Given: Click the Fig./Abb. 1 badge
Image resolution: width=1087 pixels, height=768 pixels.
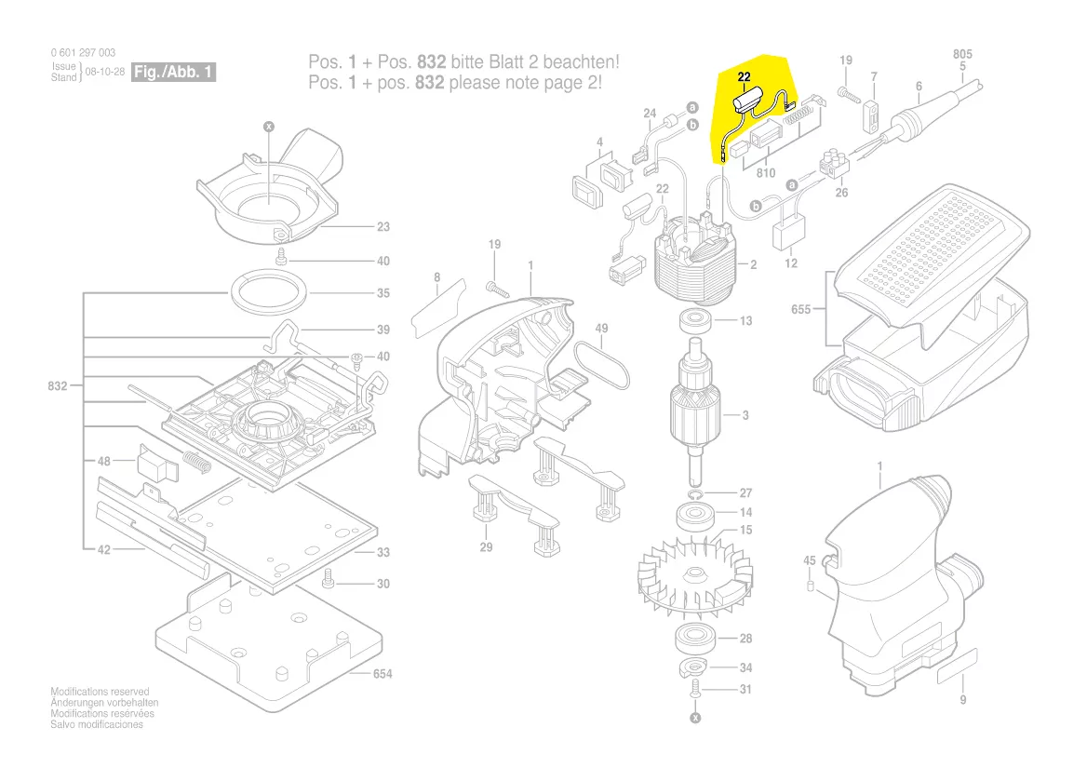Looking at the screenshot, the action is click(x=173, y=72).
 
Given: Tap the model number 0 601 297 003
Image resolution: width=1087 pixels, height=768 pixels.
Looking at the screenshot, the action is click(x=83, y=53).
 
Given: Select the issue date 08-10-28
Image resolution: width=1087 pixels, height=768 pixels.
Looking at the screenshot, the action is click(x=104, y=72).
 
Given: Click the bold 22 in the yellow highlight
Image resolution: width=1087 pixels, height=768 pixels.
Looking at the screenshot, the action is click(x=744, y=77).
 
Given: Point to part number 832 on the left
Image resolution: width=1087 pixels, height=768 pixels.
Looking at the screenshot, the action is click(x=58, y=386).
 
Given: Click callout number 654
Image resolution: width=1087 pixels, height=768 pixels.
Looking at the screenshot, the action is click(x=382, y=674).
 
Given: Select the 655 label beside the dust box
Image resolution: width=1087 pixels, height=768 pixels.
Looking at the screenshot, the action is click(x=800, y=309).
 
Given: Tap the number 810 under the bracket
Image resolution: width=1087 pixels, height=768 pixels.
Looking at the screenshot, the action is click(x=765, y=172).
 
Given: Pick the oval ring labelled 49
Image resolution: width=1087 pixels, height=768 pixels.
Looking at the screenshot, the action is click(x=602, y=367).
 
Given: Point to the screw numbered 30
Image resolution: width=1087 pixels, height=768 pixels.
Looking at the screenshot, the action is click(x=329, y=578).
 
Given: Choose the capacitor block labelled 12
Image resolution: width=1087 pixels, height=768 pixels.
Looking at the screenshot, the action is click(x=788, y=235).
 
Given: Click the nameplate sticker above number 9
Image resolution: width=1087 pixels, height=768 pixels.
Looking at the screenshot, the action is click(x=958, y=667).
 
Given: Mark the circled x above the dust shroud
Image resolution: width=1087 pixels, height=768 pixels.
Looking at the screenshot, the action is click(x=269, y=127).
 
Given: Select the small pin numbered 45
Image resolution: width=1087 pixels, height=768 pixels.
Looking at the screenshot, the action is click(x=810, y=586).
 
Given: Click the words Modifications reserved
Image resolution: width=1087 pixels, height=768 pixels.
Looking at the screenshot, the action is click(x=100, y=692).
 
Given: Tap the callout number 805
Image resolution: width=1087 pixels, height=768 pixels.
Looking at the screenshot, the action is click(x=962, y=54).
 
